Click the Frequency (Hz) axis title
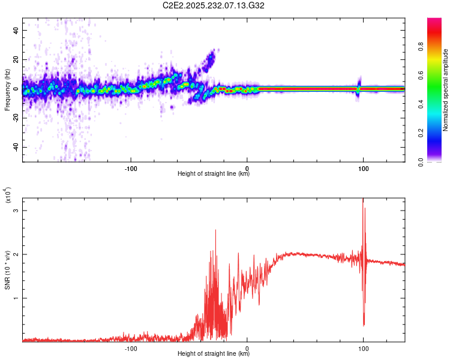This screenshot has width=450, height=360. [x=7, y=90]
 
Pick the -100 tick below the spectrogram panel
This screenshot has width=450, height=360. [x=131, y=167]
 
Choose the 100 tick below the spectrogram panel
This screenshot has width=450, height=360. [x=363, y=167]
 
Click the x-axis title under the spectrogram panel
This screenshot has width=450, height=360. [x=214, y=174]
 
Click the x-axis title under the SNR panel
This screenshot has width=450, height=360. [x=214, y=354]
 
